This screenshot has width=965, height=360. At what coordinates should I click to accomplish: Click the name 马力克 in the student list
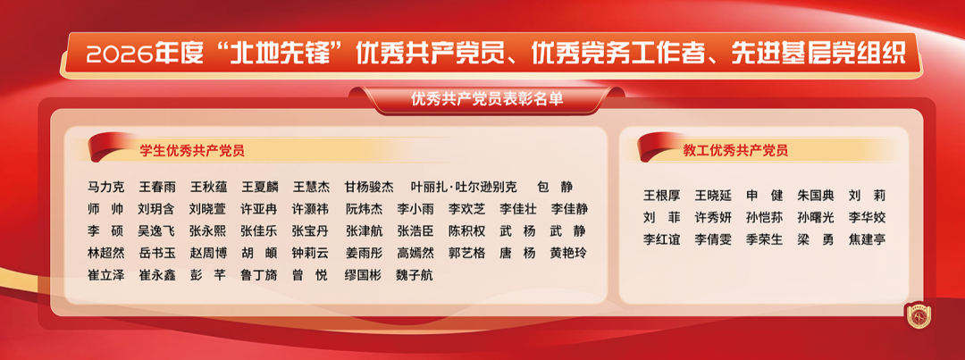106,187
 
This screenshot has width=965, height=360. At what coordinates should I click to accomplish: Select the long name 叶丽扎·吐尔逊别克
464,187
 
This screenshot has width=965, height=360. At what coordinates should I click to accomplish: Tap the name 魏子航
415,275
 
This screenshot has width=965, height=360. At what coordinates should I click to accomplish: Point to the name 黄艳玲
568,253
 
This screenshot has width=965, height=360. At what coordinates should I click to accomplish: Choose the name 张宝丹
310,230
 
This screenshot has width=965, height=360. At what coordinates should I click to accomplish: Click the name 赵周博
208,253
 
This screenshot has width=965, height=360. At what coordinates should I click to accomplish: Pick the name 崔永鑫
157,275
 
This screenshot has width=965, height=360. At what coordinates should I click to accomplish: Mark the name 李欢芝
466,209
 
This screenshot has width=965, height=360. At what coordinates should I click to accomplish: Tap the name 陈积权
466,230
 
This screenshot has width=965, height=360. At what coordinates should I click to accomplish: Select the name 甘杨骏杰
369,187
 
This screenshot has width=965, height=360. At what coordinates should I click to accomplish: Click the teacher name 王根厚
661,196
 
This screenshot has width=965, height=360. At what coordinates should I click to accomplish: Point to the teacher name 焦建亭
867,239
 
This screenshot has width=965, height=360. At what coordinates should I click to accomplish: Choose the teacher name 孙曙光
816,218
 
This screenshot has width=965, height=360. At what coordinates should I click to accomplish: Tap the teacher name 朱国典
816,196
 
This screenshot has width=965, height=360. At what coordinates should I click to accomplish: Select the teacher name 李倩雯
713,239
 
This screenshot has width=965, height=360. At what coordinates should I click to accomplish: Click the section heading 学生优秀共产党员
192,150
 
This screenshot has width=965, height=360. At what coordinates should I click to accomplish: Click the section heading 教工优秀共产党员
735,150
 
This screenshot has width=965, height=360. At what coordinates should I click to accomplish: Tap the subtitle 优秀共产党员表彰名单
487,98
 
